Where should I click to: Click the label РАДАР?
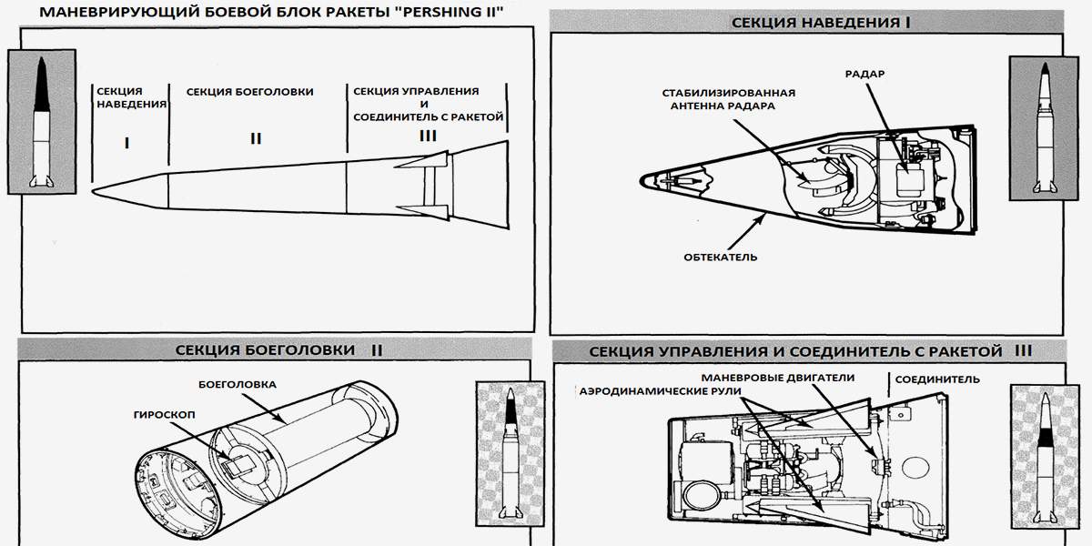click(x=865, y=73)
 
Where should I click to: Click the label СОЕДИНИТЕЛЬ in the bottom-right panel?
click(x=937, y=379)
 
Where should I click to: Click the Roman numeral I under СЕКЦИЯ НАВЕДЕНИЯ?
click(x=127, y=143)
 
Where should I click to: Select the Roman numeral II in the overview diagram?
click(x=256, y=139)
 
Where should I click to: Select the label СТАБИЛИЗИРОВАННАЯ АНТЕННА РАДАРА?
click(x=729, y=99)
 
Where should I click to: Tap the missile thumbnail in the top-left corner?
click(x=41, y=121)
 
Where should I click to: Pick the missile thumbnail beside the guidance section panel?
click(x=1042, y=127)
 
